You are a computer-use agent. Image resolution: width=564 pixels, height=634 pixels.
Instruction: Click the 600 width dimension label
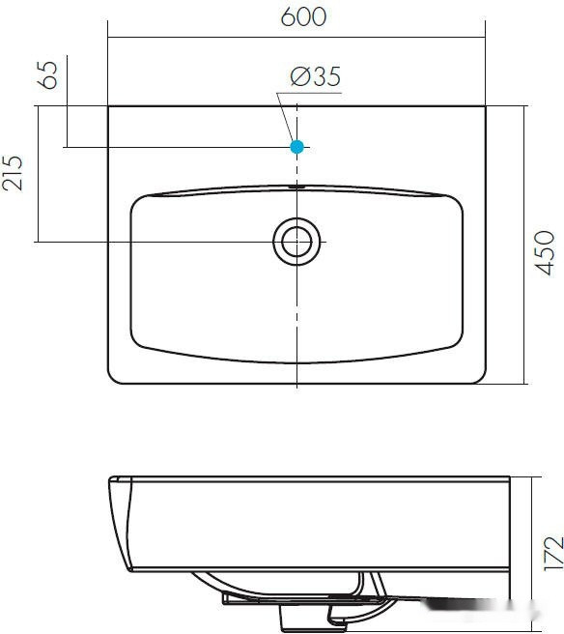click(x=303, y=17)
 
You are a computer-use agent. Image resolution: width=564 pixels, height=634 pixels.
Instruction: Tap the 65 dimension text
click(x=47, y=74)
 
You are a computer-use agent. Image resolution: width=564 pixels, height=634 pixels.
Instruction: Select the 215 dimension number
click(x=13, y=173)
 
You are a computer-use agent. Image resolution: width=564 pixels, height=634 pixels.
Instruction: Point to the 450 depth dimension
click(x=544, y=253)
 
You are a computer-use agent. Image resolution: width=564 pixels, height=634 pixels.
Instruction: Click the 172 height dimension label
click(x=553, y=554)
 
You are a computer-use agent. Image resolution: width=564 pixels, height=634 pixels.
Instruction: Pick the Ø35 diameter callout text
click(x=316, y=76)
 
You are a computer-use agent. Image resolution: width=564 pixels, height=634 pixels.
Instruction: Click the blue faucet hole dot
click(x=296, y=147)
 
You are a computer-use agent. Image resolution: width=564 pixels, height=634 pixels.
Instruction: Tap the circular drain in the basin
click(x=296, y=242)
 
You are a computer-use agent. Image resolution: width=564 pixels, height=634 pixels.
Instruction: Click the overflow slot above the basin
click(x=296, y=187)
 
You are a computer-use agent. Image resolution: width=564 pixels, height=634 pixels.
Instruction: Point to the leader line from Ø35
click(x=285, y=117)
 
